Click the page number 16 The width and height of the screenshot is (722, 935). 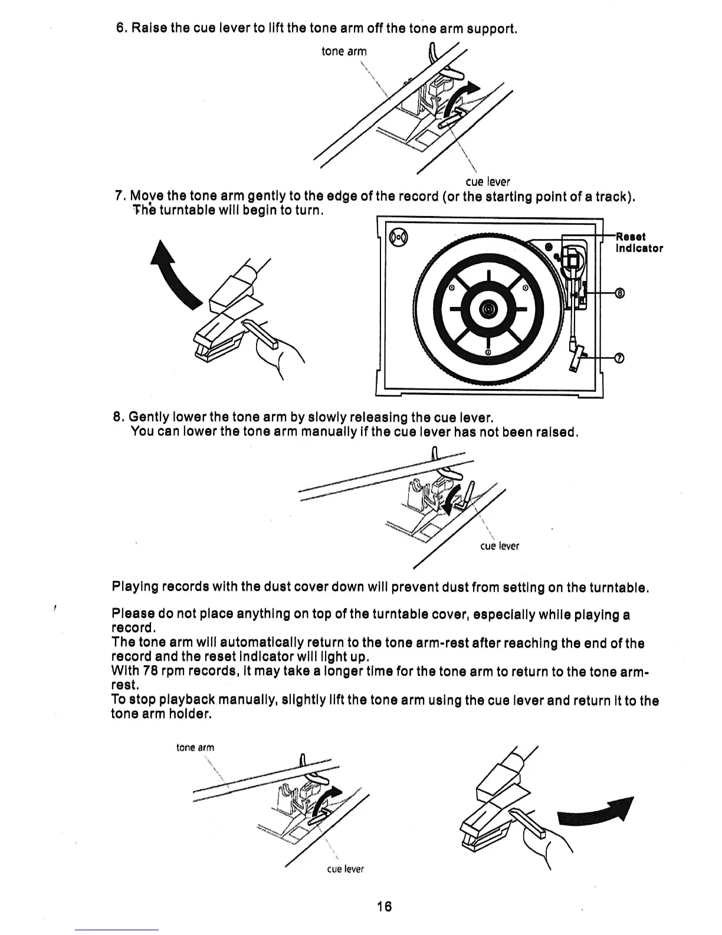384,906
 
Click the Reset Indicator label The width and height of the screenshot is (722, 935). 639,243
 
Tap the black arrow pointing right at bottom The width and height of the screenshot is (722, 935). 596,813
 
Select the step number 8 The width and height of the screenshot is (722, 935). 117,418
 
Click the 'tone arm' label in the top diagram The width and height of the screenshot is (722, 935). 344,51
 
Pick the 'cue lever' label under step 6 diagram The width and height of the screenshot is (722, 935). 487,182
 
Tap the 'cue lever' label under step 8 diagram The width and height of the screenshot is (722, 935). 500,546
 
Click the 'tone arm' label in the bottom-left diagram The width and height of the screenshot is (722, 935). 195,747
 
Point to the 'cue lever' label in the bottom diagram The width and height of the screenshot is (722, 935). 345,869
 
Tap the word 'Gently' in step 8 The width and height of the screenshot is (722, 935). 146,418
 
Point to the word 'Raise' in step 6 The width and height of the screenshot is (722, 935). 148,28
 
